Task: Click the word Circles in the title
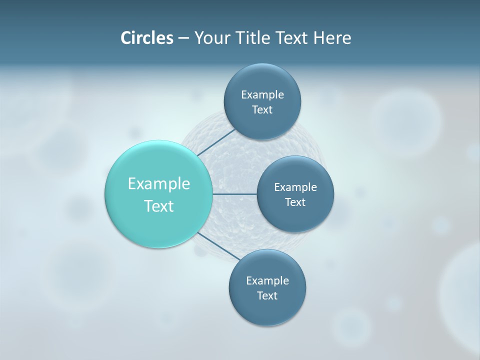146,37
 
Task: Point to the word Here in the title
332,37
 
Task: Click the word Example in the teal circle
159,184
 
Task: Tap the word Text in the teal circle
159,206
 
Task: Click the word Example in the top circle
262,95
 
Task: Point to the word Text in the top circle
262,110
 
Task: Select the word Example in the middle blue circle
295,187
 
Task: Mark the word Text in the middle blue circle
295,202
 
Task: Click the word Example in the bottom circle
267,281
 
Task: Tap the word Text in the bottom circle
267,296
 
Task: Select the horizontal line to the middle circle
234,194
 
